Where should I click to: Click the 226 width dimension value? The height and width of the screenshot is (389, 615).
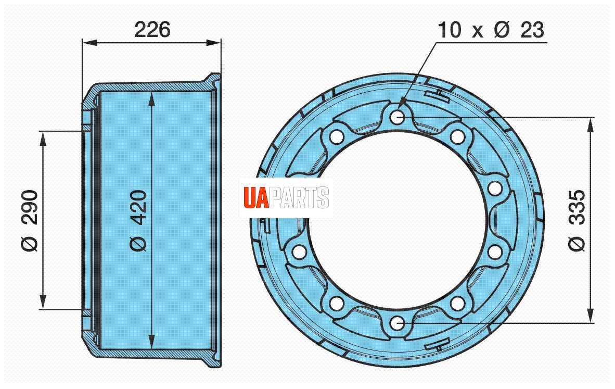152,30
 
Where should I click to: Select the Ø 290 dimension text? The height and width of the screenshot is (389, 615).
30,221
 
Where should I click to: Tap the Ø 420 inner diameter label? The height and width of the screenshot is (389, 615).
138,221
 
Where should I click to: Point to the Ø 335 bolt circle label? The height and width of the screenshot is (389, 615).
576,221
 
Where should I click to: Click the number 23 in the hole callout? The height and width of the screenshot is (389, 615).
532,30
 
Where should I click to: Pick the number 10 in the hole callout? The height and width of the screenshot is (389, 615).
450,30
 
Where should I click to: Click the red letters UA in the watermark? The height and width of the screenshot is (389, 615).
256,197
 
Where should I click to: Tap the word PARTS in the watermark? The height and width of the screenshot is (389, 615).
299,197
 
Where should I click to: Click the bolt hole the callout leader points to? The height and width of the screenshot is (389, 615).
398,117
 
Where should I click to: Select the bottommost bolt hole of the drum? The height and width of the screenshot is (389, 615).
398,324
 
